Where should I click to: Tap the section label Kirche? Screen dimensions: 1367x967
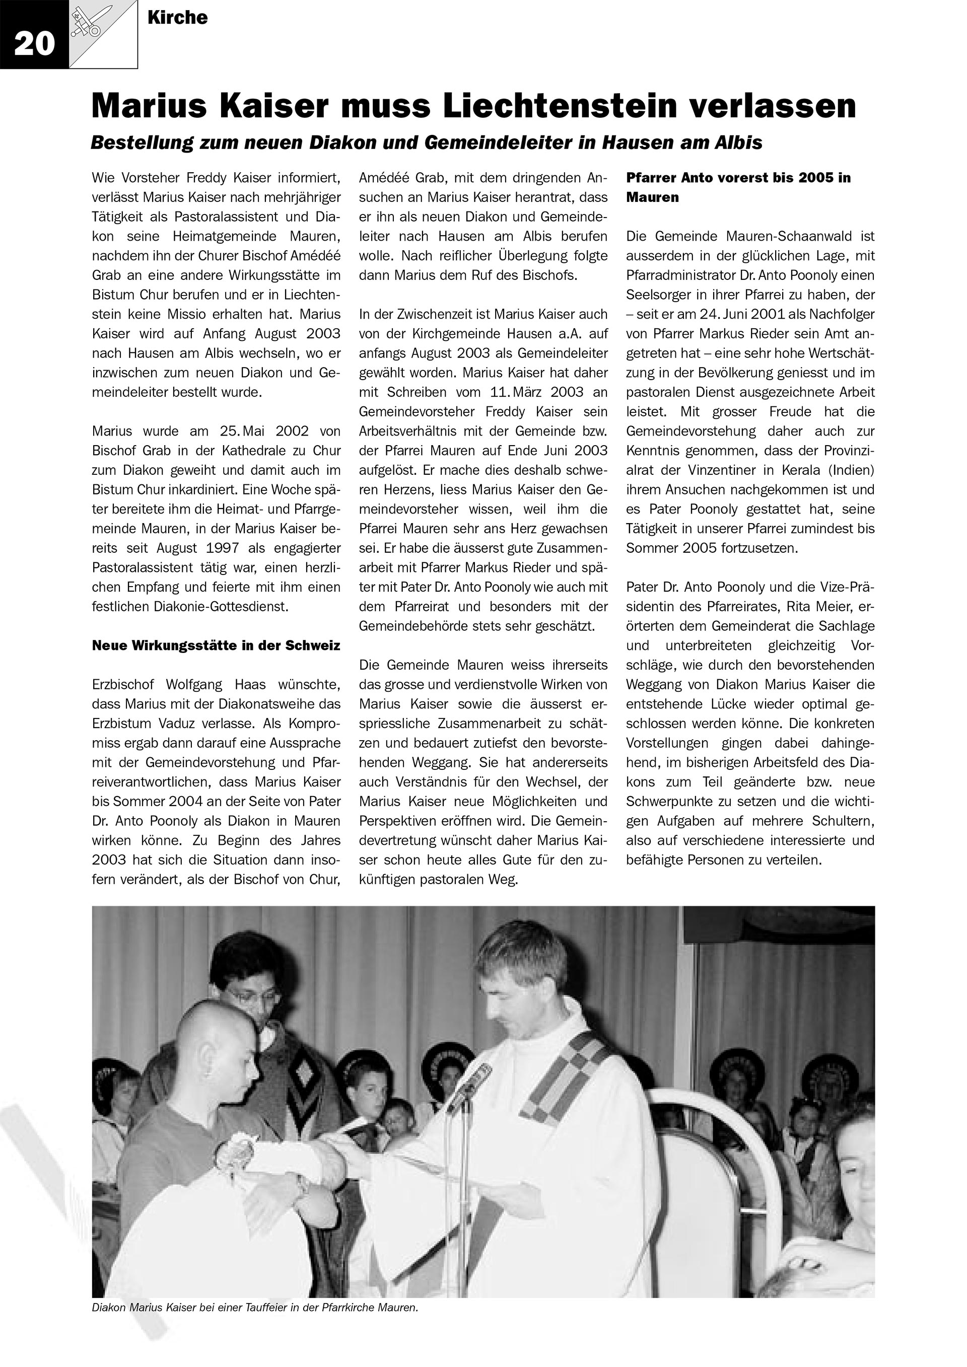[x=177, y=18]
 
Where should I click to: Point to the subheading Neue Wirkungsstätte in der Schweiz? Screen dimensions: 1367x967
[x=216, y=646]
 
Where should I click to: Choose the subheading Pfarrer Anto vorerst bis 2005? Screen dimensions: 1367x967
[x=738, y=178]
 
